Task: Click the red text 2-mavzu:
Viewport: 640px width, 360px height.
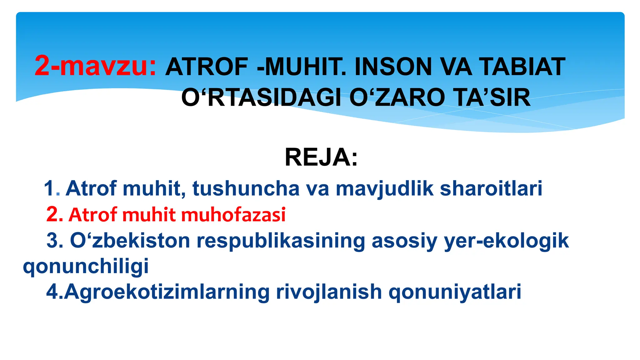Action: [x=95, y=66]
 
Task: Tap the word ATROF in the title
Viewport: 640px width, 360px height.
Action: [x=207, y=67]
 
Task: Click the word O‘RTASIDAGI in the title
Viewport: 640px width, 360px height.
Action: [x=261, y=97]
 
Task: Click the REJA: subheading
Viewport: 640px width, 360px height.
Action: [x=321, y=157]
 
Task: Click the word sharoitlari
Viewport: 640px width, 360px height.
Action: [x=491, y=188]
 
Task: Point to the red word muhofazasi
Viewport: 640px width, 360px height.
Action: [x=233, y=215]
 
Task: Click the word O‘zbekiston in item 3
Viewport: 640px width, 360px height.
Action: [x=130, y=241]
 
